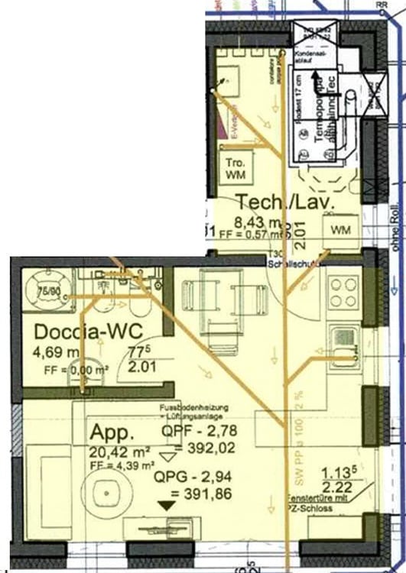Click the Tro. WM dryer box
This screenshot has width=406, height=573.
tap(234, 170)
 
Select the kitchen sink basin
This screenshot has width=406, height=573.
tap(344, 336)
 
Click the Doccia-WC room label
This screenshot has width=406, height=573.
tap(80, 333)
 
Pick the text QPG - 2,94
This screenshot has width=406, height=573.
tap(193, 478)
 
